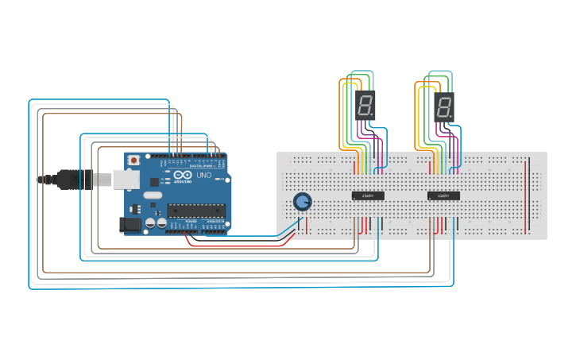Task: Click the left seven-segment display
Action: [365, 105]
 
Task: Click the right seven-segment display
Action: [444, 105]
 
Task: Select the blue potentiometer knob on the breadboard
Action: [302, 202]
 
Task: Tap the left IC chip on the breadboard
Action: [368, 195]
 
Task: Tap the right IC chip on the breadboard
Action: [443, 195]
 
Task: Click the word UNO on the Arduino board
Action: [204, 175]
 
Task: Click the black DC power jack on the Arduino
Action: [130, 225]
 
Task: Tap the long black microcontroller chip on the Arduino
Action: [195, 211]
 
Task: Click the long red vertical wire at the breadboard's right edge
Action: [526, 195]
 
